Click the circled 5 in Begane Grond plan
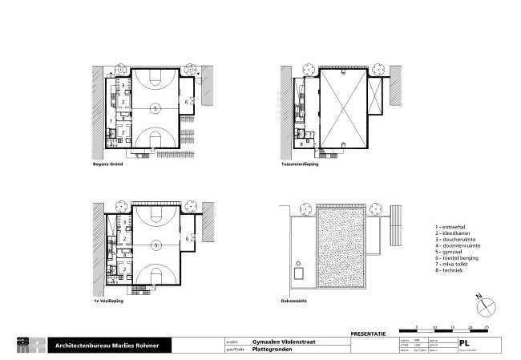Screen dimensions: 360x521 click(x=155, y=107)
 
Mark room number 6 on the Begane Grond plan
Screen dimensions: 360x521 click(x=187, y=102)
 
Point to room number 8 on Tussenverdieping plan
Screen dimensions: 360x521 click(x=301, y=144)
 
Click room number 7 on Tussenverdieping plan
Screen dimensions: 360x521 click(x=311, y=135)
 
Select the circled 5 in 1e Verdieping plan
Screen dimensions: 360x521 click(x=155, y=244)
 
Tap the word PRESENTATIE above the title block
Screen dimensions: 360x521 click(x=369, y=332)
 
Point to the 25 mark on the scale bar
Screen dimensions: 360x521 click(x=487, y=328)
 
